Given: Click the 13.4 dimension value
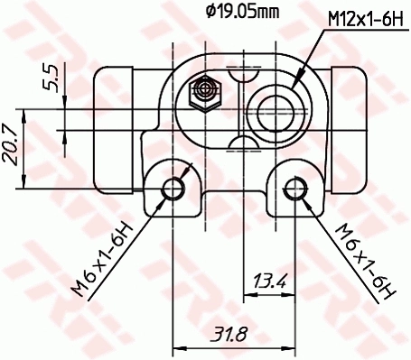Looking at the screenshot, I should pos(269,283).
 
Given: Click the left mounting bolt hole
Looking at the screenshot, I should pos(173,188).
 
